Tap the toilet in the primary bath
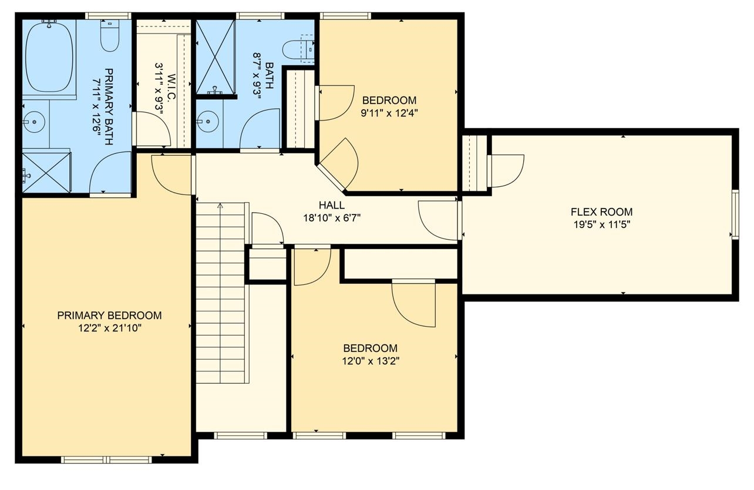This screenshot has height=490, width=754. pyautogui.click(x=110, y=36)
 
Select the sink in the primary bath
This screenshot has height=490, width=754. pyautogui.click(x=34, y=122)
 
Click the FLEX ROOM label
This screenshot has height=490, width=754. pyautogui.click(x=601, y=212)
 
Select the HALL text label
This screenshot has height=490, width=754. pyautogui.click(x=332, y=205)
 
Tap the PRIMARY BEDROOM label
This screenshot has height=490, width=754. pyautogui.click(x=109, y=316)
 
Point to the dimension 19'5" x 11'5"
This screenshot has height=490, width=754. pyautogui.click(x=601, y=224)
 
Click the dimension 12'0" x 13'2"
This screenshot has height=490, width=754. pyautogui.click(x=371, y=361)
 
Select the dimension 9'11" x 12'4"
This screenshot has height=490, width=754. pyautogui.click(x=389, y=113)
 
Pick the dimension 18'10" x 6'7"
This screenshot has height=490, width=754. pyautogui.click(x=332, y=218)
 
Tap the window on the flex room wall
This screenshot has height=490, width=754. pyautogui.click(x=735, y=214)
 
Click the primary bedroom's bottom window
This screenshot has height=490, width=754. pyautogui.click(x=106, y=459)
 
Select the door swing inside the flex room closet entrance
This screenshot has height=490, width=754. pyautogui.click(x=507, y=171)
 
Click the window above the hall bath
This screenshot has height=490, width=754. pyautogui.click(x=260, y=15)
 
